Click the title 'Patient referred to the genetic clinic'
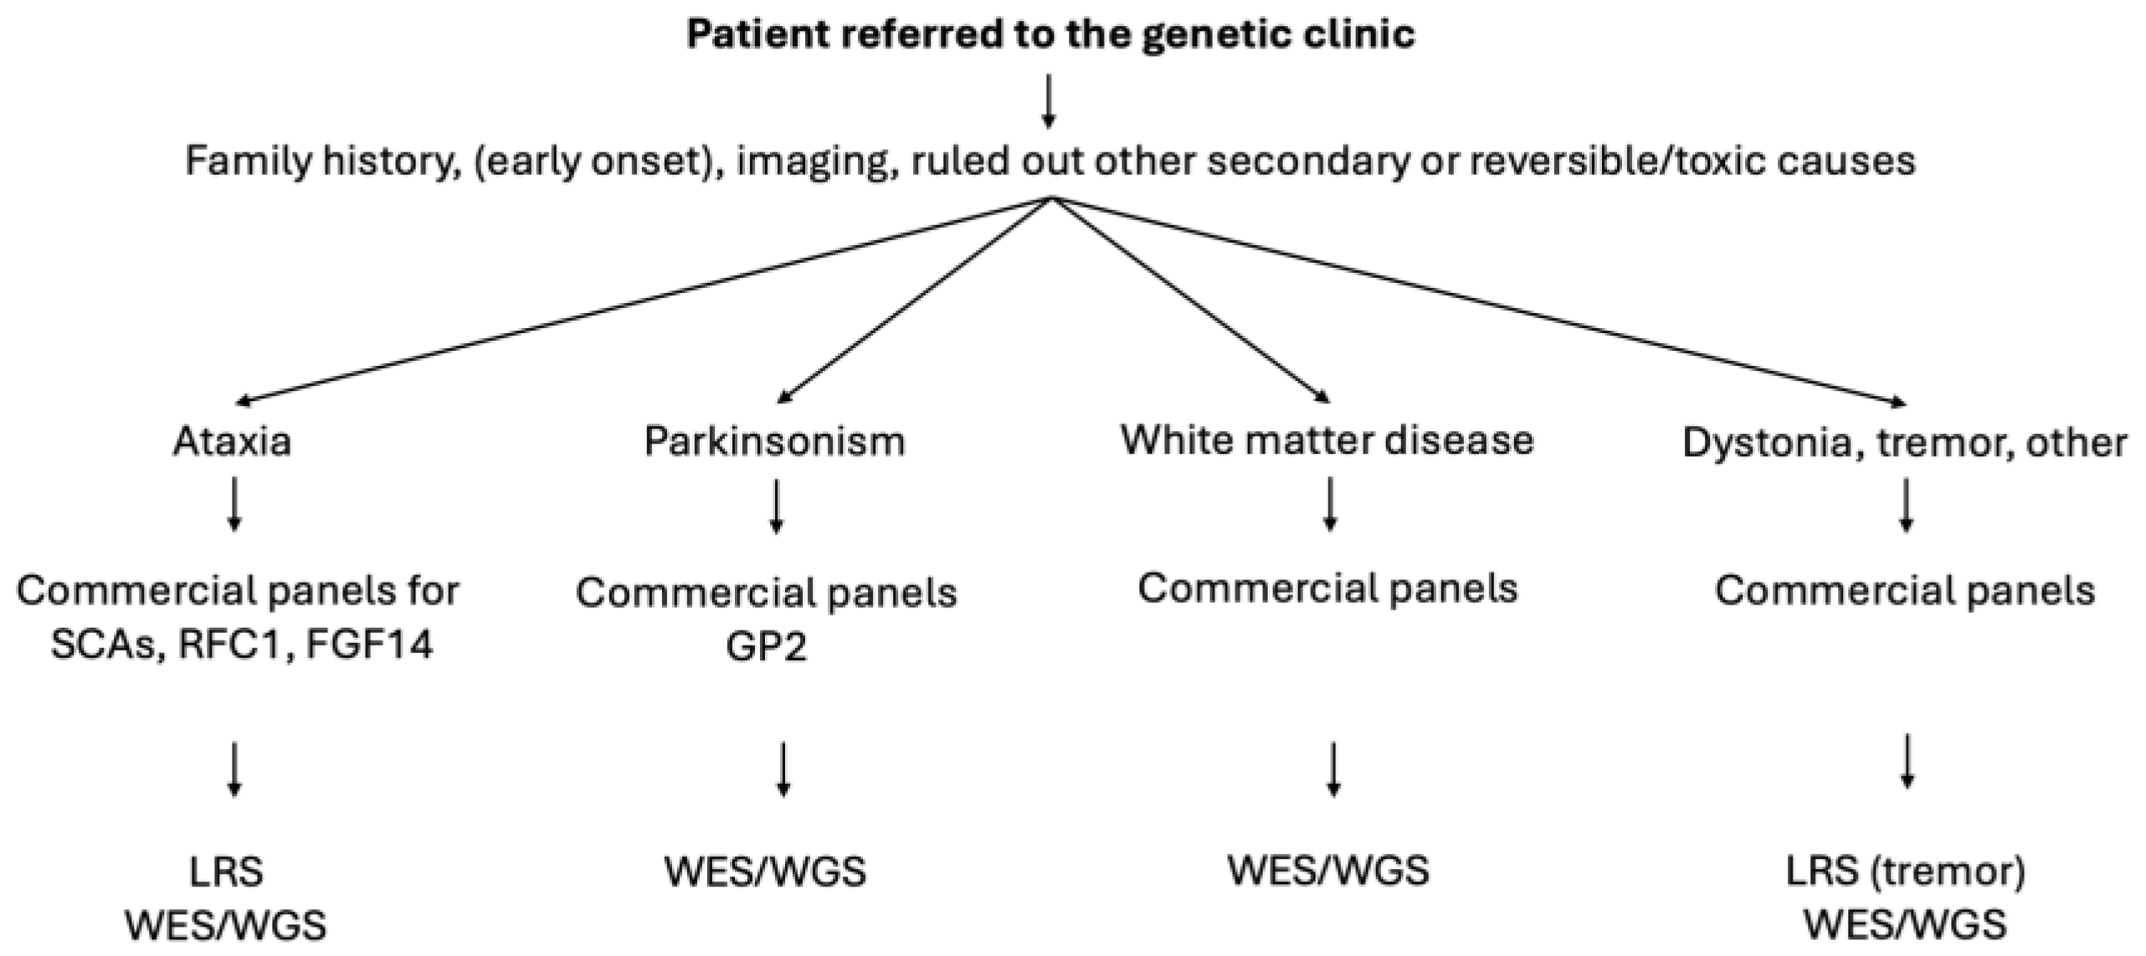coord(1050,35)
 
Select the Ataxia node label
coord(233,441)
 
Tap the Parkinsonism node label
coord(774,441)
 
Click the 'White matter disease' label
coord(1327,439)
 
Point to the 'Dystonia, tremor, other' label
coord(1904,443)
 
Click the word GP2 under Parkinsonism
coord(766,646)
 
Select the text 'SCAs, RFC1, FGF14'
coord(241,645)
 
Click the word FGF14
coord(369,645)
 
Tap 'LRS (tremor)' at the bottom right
coord(1906,871)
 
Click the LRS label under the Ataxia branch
coord(226,871)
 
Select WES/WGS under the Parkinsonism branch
coord(765,871)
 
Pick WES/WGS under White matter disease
coord(1328,870)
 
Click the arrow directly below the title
coord(1048,100)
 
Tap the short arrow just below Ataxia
coord(234,504)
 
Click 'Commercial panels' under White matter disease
coord(1327,589)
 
